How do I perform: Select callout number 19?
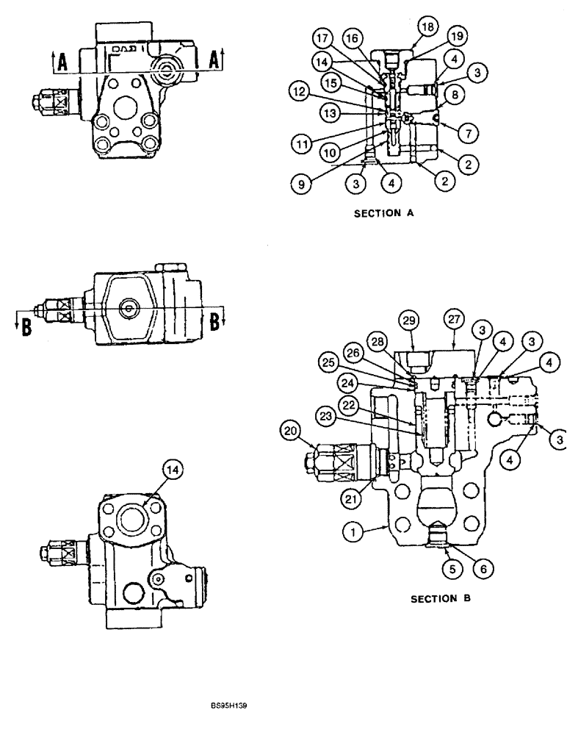point(457,35)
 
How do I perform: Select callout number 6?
point(484,567)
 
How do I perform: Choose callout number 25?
point(328,361)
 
